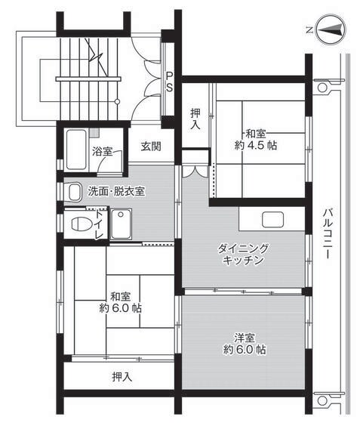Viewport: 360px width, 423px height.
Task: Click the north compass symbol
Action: tap(331, 31)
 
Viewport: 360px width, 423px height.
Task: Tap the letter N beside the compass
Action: tap(309, 30)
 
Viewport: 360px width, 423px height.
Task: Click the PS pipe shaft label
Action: tap(170, 82)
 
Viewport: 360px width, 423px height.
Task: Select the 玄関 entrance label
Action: tap(150, 147)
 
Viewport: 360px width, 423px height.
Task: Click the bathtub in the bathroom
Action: tap(77, 150)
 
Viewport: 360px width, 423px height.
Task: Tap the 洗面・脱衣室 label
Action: tap(116, 190)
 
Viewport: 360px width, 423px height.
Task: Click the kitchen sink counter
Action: tap(273, 220)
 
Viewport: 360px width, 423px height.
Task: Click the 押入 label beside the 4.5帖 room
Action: tap(195, 119)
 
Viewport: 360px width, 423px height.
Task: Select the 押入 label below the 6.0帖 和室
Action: tap(121, 375)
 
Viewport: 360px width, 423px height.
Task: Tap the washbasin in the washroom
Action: tap(74, 192)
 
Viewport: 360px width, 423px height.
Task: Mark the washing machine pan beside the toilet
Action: tap(121, 224)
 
